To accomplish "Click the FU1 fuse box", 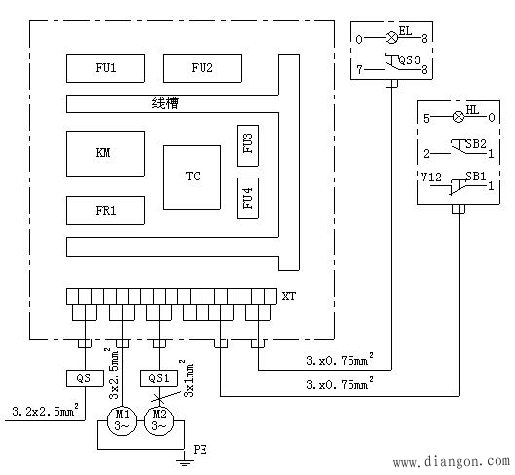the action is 105,68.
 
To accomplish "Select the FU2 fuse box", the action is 202,68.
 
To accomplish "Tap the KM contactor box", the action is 105,153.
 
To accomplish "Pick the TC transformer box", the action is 192,178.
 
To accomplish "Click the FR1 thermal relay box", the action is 105,211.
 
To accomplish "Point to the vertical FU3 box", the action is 247,145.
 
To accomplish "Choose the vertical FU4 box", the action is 247,198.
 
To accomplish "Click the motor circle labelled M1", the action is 123,421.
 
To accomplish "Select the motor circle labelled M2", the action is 160,421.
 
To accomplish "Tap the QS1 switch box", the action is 159,378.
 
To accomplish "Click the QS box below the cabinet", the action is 85,378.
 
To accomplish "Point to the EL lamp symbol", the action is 391,37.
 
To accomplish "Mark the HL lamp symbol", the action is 459,117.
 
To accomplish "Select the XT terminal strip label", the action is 289,297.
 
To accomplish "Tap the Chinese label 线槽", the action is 166,103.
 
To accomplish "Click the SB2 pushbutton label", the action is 476,144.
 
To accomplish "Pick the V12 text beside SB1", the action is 431,178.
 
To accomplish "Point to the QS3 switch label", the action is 409,60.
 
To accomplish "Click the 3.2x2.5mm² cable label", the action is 46,410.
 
